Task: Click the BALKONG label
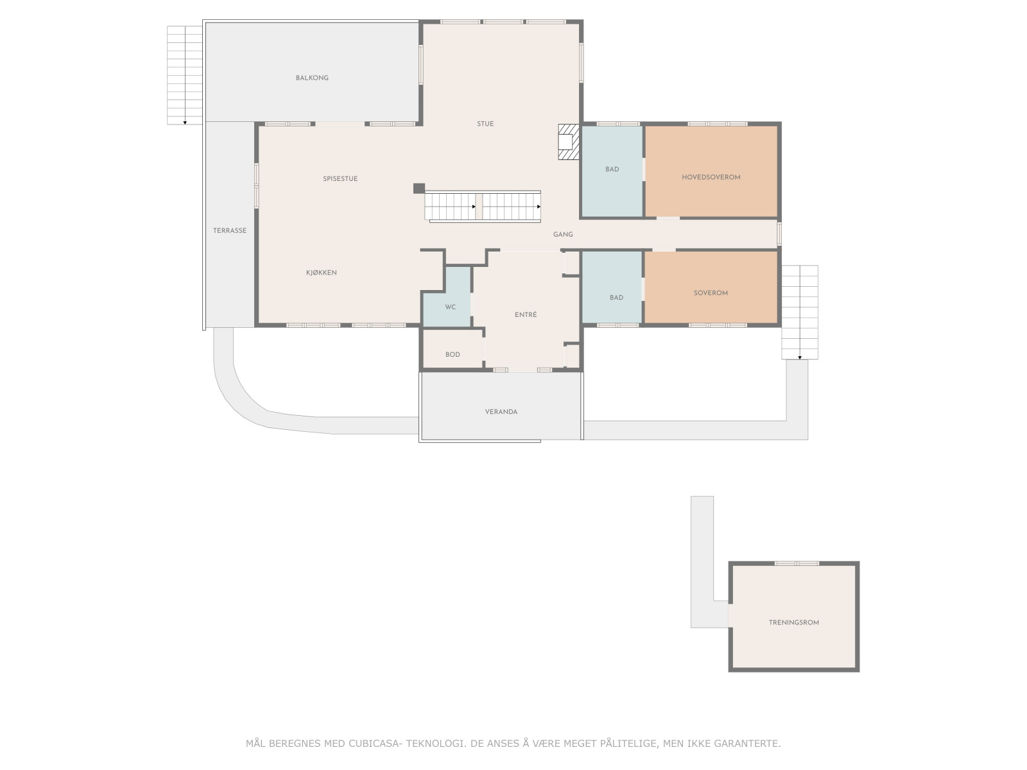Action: (x=312, y=78)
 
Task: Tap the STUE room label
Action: (x=485, y=124)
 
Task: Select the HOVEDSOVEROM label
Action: (x=711, y=177)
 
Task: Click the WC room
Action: (x=451, y=307)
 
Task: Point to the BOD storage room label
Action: (x=453, y=354)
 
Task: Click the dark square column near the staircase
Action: (x=419, y=188)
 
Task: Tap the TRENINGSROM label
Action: (x=794, y=622)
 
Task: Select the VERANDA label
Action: (x=501, y=412)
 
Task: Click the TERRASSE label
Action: (x=230, y=230)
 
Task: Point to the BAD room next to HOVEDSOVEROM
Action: (x=612, y=169)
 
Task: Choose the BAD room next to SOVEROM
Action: (x=616, y=298)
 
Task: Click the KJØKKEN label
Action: (x=322, y=273)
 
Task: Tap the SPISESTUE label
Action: (x=340, y=179)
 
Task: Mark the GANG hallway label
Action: (x=563, y=235)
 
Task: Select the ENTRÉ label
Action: (x=526, y=315)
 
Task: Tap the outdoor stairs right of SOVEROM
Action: (x=800, y=312)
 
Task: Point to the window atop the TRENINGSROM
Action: (x=797, y=563)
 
